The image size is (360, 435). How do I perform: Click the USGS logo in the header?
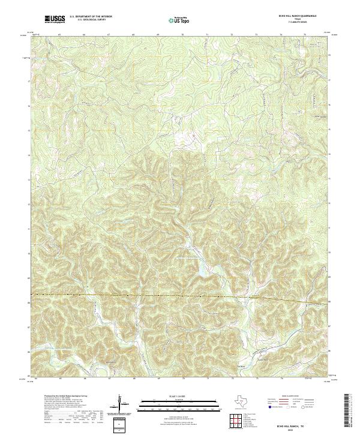(55, 19)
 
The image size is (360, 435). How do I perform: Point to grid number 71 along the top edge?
(207, 35)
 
